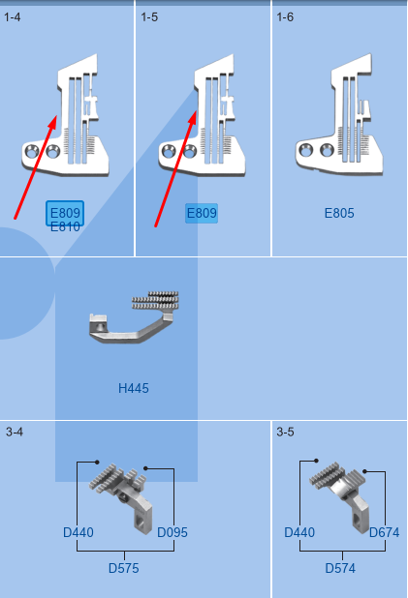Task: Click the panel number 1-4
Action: click(13, 17)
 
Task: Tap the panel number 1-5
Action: click(149, 17)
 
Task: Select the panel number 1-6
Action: click(285, 17)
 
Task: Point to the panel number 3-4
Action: click(15, 432)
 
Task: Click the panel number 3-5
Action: click(285, 432)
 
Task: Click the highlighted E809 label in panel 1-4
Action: click(65, 213)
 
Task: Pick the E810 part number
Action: click(65, 227)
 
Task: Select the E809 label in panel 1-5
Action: click(202, 213)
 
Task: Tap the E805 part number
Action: click(339, 213)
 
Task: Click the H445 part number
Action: click(134, 388)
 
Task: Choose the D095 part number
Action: click(173, 532)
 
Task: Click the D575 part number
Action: click(124, 568)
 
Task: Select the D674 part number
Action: click(385, 532)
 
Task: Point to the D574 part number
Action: click(340, 568)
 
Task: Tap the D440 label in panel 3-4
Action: click(78, 532)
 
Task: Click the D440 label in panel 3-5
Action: click(299, 532)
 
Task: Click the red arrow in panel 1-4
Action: click(36, 167)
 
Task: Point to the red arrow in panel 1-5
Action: click(175, 168)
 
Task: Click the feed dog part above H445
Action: click(134, 317)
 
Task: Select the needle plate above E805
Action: click(339, 114)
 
